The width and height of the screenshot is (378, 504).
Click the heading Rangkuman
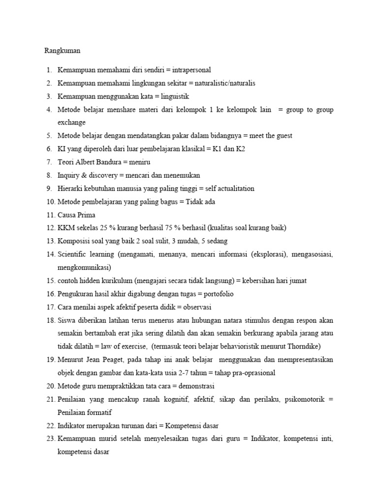tap(62, 50)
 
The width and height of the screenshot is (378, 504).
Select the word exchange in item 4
tap(72, 122)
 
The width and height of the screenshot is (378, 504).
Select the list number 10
tap(50, 202)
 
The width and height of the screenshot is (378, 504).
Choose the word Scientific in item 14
tap(73, 254)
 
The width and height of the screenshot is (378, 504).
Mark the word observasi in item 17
tap(195, 308)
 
